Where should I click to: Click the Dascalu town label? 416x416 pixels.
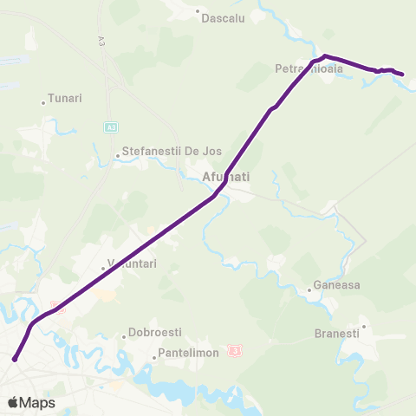224,16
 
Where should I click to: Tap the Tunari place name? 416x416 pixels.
65,99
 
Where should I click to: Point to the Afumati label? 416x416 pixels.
225,177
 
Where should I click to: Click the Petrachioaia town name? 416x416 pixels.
309,68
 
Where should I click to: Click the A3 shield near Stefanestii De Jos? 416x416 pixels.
111,127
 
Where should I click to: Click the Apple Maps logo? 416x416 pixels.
31,403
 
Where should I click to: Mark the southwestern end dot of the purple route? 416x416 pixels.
15,358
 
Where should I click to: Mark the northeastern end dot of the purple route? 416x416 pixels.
403,75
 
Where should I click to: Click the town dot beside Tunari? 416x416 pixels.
43,103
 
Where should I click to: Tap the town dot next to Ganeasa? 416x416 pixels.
309,290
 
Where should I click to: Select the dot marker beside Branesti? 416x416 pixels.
364,327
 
